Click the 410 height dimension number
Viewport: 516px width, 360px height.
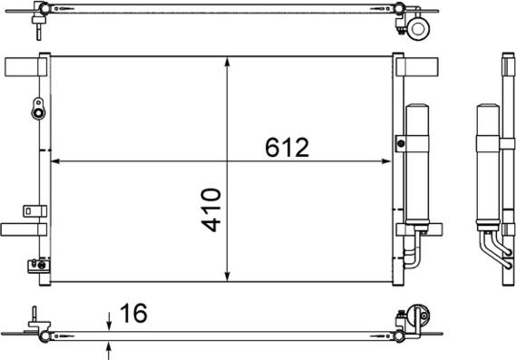[x=210, y=209]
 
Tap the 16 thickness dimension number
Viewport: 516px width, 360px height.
[x=131, y=314]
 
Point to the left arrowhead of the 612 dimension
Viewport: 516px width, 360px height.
[x=55, y=162]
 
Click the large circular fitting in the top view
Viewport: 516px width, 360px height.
[x=419, y=29]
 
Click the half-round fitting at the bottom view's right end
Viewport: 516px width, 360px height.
[x=418, y=317]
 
